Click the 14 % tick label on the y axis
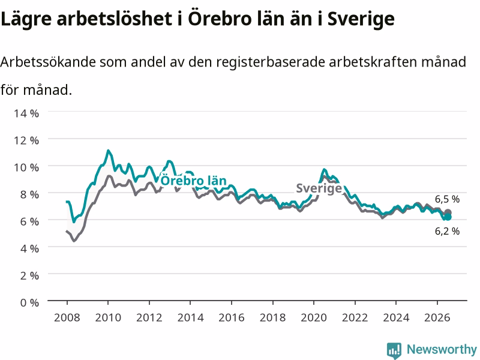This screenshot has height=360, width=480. click(26, 113)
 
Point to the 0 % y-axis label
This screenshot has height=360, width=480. click(29, 302)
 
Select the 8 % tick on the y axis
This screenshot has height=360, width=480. click(29, 194)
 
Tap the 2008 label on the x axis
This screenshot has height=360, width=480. click(67, 317)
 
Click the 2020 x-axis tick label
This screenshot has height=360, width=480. click(314, 317)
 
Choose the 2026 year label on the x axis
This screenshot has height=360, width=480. click(437, 317)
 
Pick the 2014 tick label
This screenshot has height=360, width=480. click(190, 317)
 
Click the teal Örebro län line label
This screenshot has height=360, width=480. click(193, 181)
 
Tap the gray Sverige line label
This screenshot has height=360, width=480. click(319, 188)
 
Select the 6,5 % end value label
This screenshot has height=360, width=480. click(447, 199)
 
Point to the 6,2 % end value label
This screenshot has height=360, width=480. click(447, 231)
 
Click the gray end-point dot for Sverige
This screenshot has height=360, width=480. click(448, 212)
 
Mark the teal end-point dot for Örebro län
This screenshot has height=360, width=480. click(448, 217)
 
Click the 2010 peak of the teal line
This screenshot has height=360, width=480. click(108, 151)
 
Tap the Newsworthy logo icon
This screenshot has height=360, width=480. click(394, 350)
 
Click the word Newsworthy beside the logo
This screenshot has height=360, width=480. click(442, 349)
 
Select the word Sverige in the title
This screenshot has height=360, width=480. click(361, 19)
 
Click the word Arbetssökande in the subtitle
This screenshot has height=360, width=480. click(48, 62)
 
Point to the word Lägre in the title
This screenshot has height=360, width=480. click(26, 19)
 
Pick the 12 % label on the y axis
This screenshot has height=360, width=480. click(26, 140)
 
